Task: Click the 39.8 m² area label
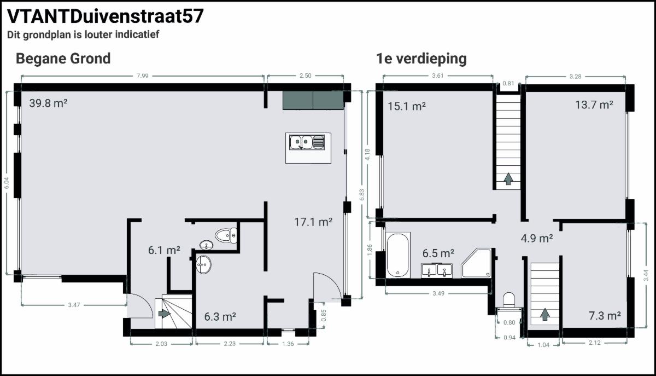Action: click(48, 103)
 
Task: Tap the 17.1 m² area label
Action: click(313, 222)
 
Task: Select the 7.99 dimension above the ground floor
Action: click(143, 76)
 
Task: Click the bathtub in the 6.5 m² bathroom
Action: click(398, 255)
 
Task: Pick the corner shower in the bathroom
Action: click(476, 263)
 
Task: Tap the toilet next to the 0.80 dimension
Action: click(509, 300)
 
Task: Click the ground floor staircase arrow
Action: click(165, 314)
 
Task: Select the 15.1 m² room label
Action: click(407, 106)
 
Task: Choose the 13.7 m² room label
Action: click(594, 105)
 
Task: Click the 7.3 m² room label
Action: click(605, 316)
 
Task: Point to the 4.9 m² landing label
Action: click(537, 238)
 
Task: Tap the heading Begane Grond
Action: click(63, 59)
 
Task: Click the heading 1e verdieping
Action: click(421, 59)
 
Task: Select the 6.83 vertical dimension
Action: click(362, 195)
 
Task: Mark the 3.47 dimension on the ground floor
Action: click(74, 305)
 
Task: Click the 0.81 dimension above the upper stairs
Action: click(508, 83)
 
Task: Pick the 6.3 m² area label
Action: click(220, 317)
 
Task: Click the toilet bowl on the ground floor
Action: click(226, 235)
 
